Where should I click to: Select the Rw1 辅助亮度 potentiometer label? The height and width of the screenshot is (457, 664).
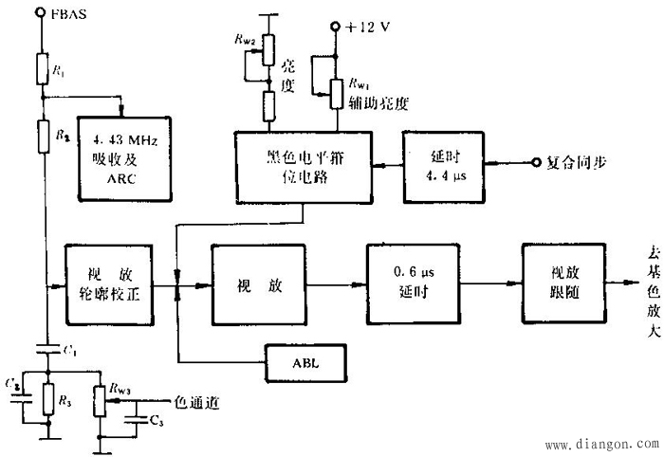point(376,94)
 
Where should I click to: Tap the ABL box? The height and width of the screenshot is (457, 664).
point(303,362)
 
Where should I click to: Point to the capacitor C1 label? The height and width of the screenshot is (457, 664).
point(70,352)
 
